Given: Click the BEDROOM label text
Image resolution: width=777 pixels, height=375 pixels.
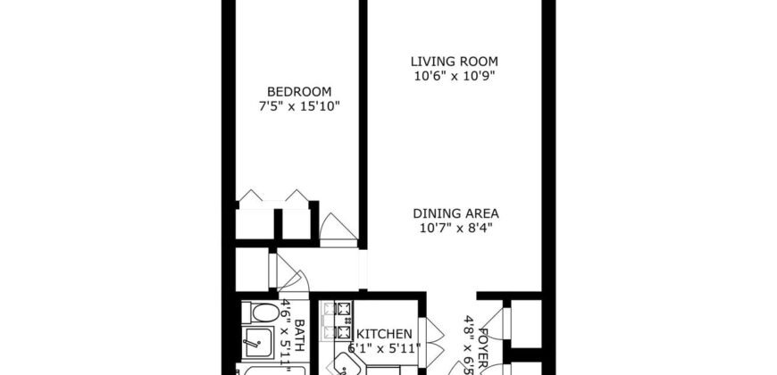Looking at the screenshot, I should point(300,91).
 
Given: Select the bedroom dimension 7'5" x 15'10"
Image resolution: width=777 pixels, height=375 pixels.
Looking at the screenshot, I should point(300,106).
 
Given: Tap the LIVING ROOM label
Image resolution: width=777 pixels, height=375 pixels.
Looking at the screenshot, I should point(454,61).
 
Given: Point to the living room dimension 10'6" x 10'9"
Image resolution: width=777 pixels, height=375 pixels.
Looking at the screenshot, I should point(454,76).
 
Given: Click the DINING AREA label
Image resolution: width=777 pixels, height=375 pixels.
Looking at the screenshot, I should point(455,213).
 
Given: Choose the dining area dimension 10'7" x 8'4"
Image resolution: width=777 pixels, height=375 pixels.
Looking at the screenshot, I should point(455,229).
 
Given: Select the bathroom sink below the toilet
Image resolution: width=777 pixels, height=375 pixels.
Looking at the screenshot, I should point(259,342).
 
